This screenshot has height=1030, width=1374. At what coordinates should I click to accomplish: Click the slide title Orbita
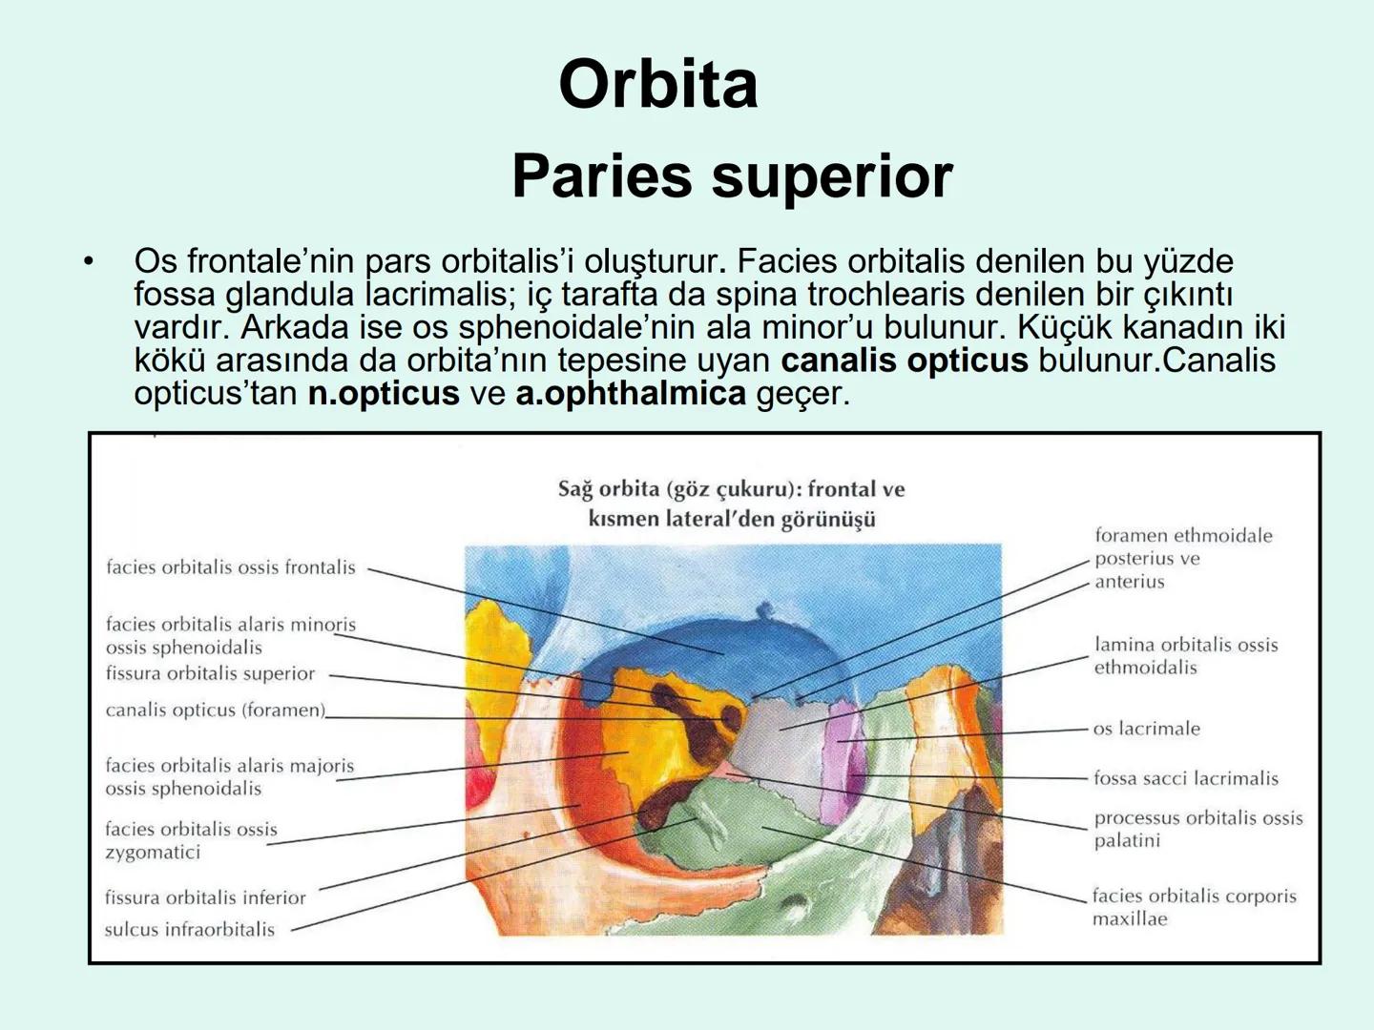pos(658,84)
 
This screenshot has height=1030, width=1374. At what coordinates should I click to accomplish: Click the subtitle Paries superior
pos(732,176)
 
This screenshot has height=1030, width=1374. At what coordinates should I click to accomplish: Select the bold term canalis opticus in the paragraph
pos(904,360)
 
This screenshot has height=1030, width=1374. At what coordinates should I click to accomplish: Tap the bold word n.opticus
pos(383,393)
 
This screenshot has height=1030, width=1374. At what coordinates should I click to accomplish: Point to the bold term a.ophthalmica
pos(630,393)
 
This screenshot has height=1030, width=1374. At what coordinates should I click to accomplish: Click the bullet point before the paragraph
pos(89,261)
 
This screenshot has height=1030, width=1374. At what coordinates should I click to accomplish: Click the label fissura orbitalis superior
pos(210,673)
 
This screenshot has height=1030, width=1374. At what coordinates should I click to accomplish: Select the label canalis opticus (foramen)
pos(215,710)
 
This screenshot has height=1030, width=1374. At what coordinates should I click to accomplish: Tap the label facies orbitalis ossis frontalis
pos(230,567)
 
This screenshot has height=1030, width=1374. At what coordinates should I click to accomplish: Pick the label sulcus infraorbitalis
pos(189,929)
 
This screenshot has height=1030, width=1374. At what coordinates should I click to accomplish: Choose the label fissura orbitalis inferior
pos(205,897)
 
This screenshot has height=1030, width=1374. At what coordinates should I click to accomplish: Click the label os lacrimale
pos(1146,729)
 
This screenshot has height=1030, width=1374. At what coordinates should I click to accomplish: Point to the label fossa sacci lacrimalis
pos(1185,778)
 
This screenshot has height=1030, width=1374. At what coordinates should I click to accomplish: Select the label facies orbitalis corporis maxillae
pos(1194,907)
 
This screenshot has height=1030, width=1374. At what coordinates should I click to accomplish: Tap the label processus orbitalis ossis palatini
pos(1197,829)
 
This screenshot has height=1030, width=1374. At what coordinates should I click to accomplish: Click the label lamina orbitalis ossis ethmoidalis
pos(1185,656)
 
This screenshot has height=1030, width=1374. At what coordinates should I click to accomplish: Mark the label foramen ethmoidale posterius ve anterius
pos(1182,558)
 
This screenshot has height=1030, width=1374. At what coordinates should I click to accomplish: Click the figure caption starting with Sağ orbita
pos(731,504)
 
